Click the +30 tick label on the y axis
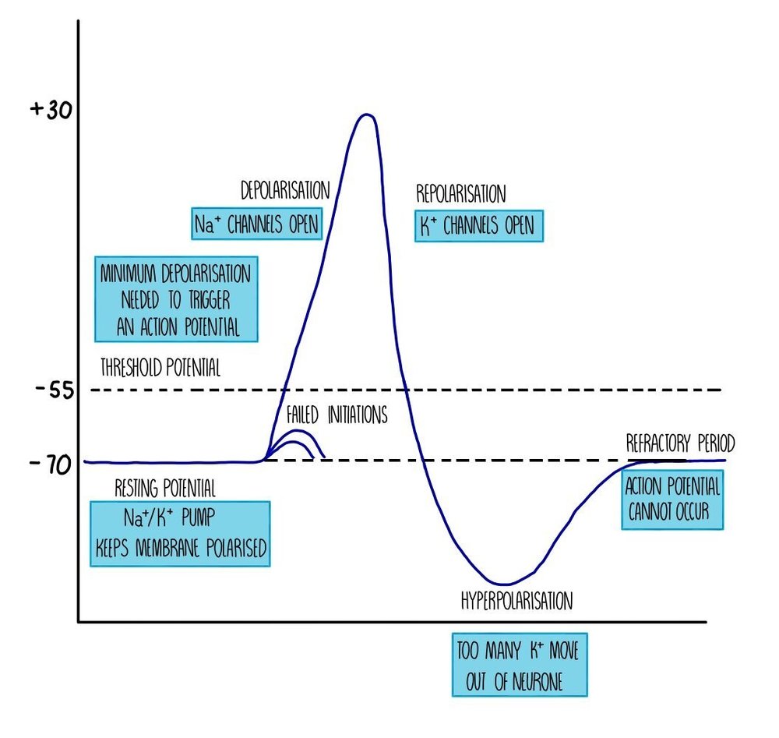point(51,110)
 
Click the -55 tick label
point(54,390)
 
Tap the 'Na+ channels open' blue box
point(256,224)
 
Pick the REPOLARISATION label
point(461,192)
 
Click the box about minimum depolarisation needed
point(175,300)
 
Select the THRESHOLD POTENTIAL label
point(160,368)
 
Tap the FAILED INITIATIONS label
point(336,415)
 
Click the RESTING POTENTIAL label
point(164,488)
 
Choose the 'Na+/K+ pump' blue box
point(181,534)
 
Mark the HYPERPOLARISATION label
point(516,601)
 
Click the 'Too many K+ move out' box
point(519,663)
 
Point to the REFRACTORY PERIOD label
point(680,444)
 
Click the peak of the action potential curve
point(365,116)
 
